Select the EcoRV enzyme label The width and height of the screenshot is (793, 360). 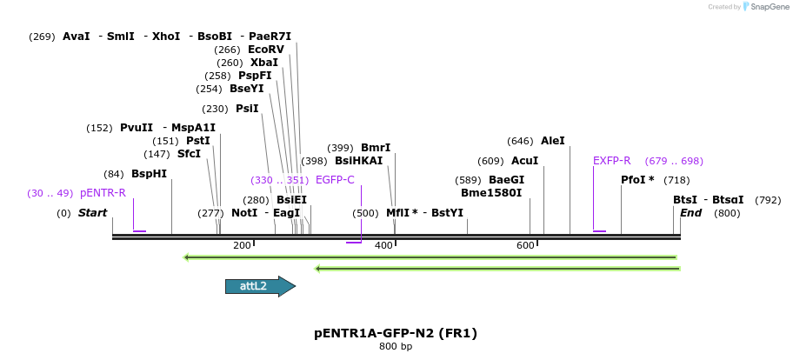[x=265, y=50]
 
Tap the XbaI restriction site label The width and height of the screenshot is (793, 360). [x=264, y=63]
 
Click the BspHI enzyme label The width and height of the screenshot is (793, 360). [x=149, y=174]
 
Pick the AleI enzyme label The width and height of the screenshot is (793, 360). [x=552, y=141]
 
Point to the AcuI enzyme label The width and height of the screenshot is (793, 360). [x=524, y=161]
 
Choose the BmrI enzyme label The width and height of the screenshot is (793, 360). [x=376, y=148]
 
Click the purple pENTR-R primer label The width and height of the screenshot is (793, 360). [x=103, y=193]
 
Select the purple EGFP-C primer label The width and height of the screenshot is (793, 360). [x=335, y=180]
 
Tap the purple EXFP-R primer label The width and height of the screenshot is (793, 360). [x=611, y=161]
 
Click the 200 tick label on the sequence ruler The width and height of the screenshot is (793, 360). [x=242, y=246]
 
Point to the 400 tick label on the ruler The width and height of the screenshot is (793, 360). [x=383, y=246]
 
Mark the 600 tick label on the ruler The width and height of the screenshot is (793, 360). [x=525, y=246]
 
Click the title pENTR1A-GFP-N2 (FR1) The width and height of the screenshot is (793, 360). [x=396, y=333]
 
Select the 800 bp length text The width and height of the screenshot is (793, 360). [x=396, y=347]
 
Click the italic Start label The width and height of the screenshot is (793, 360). [x=92, y=213]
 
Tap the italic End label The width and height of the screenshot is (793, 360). [x=690, y=213]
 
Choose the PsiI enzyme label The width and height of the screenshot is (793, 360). [x=247, y=109]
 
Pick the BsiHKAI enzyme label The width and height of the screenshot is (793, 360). [x=358, y=161]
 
